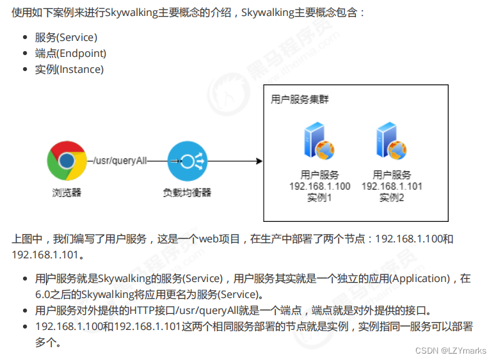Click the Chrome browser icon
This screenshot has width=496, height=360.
(x=67, y=161)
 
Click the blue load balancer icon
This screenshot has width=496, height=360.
(x=186, y=161)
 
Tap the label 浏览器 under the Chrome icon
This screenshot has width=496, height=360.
(x=67, y=192)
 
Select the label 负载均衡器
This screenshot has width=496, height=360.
(x=186, y=192)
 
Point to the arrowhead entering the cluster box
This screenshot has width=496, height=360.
(x=259, y=161)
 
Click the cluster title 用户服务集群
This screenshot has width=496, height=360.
(x=300, y=100)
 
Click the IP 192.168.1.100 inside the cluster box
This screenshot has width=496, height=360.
(x=320, y=186)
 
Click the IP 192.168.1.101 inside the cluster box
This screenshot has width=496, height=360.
(x=392, y=186)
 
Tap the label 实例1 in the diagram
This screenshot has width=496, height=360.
(x=319, y=198)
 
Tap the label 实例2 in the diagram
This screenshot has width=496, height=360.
(x=392, y=198)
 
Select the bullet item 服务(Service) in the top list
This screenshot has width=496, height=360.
(x=67, y=37)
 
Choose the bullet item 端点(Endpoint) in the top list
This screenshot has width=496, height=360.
(x=71, y=53)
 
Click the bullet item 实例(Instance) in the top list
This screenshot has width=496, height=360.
(x=69, y=69)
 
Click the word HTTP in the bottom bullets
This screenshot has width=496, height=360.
(x=145, y=311)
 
